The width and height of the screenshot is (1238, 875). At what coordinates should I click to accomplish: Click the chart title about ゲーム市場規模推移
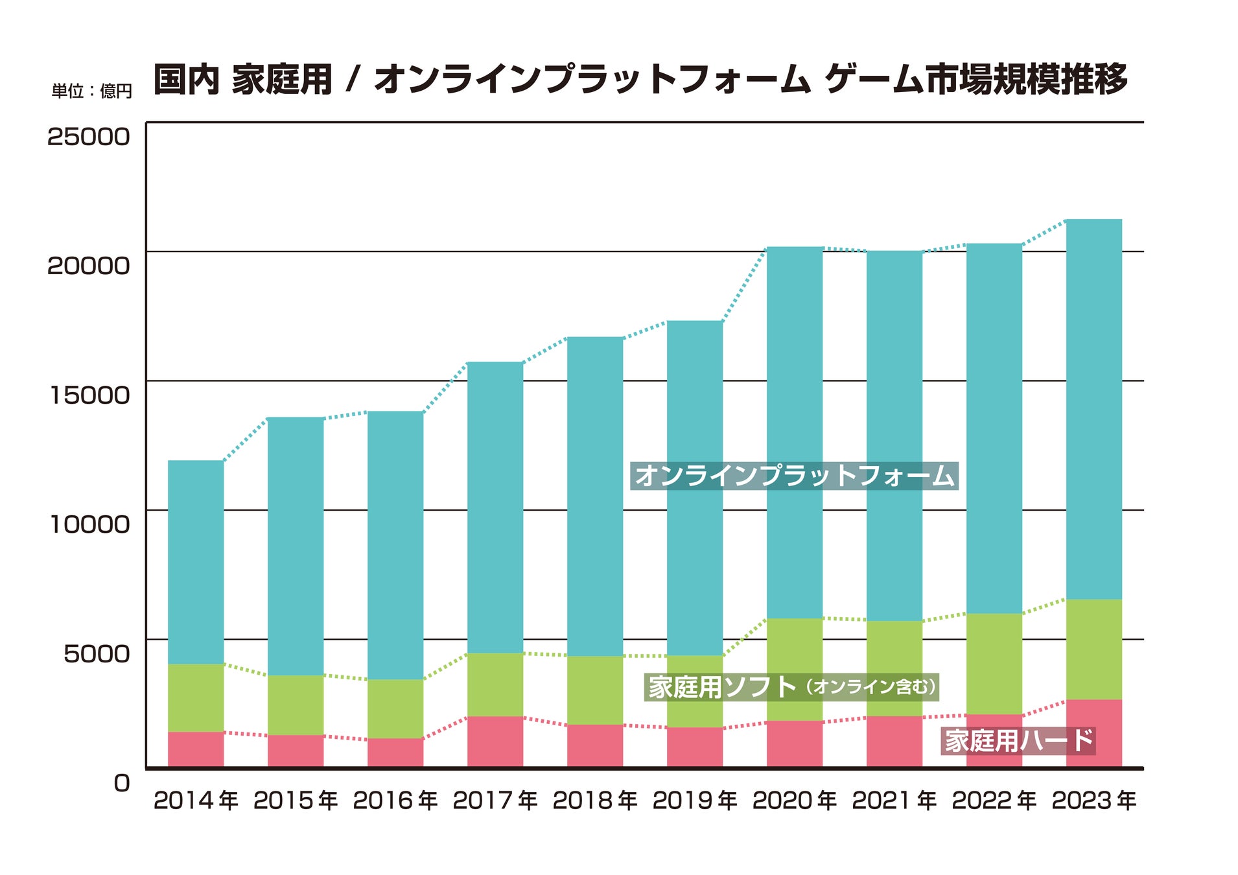coord(640,80)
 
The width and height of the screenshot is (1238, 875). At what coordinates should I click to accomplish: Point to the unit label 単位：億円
coord(91,91)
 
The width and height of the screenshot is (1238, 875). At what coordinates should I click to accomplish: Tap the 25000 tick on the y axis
coord(89,137)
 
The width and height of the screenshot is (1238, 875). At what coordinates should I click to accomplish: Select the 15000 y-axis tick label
coord(90,395)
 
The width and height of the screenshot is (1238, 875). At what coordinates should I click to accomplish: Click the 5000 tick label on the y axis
coord(97,654)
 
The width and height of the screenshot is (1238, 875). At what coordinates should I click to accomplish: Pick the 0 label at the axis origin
coord(122,783)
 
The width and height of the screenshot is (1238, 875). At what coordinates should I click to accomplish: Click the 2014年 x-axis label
coord(196,801)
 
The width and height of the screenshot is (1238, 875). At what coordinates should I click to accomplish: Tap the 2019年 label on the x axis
coord(695,801)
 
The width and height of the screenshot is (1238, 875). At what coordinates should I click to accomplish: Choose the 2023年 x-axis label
coord(1094,801)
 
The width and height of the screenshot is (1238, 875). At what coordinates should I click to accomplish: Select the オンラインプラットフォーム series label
coord(794,476)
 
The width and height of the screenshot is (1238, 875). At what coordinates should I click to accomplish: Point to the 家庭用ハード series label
coord(1018,741)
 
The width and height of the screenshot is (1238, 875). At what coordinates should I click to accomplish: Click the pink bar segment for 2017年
coord(495,741)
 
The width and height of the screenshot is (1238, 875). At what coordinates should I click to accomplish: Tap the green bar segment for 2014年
coord(196,697)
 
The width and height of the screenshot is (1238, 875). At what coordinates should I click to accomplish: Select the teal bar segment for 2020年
coord(795,432)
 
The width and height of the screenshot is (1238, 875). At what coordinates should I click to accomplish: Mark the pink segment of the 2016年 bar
coord(395,752)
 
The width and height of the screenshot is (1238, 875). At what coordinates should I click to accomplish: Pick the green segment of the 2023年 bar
coord(1094,649)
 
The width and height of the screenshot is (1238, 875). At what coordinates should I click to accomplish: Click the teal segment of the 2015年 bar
coord(296,546)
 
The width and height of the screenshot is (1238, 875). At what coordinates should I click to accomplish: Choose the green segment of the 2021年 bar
coord(894,668)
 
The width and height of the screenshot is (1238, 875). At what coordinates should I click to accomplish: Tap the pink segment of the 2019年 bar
coord(695,747)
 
